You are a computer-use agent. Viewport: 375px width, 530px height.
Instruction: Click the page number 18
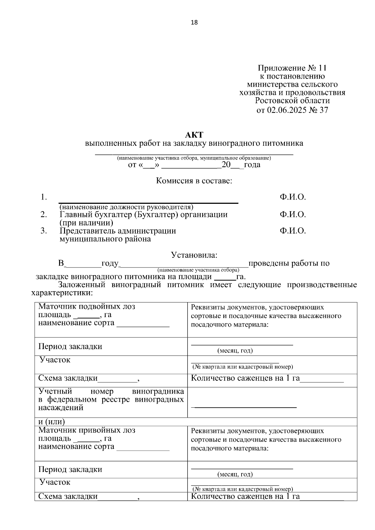(194, 22)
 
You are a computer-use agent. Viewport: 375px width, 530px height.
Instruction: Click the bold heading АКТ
(194, 135)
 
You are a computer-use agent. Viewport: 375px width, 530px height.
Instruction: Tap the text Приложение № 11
(292, 68)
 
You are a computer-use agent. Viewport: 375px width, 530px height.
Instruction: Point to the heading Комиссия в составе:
(194, 181)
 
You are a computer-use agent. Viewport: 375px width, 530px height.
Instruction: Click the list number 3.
(43, 231)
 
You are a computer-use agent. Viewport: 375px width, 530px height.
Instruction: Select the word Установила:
(194, 255)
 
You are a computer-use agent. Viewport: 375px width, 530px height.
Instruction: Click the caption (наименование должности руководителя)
(126, 207)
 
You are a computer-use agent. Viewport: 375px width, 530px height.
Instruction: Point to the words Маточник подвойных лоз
(87, 307)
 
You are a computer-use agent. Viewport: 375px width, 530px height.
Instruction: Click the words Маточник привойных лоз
(87, 430)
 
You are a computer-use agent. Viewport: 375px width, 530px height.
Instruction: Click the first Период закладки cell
(70, 346)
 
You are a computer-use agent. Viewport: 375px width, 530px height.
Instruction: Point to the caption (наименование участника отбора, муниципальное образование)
(194, 158)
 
